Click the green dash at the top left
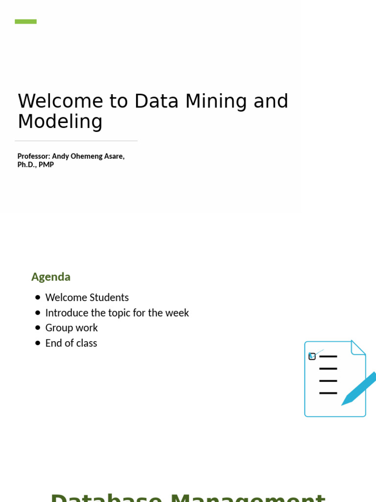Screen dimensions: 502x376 coord(25,22)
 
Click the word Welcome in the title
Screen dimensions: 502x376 coord(60,101)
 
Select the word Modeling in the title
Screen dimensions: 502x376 coord(60,122)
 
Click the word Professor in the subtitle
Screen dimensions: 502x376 coord(33,156)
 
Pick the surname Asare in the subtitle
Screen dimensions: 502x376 coord(112,156)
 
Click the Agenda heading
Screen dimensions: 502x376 coord(51,276)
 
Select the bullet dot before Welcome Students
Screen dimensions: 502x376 coord(38,298)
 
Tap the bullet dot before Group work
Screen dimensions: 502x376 coord(38,328)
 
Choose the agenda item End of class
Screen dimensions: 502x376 coord(71,343)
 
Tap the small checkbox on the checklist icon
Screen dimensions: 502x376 coord(312,356)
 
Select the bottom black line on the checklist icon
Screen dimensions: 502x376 coord(328,393)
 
